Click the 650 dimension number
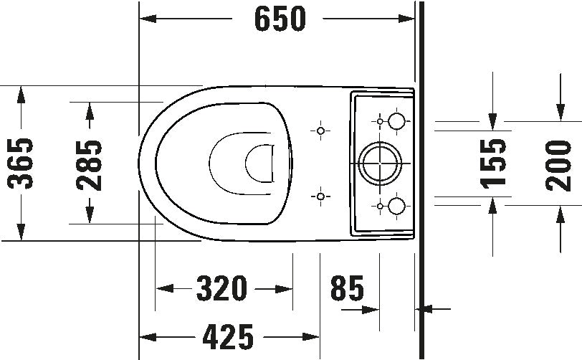click(279, 19)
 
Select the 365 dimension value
click(22, 164)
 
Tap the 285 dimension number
click(89, 164)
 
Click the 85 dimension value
click(347, 288)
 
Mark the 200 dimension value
click(558, 164)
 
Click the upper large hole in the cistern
click(396, 120)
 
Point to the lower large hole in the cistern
click(396, 207)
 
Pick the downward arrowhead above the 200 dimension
click(559, 114)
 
